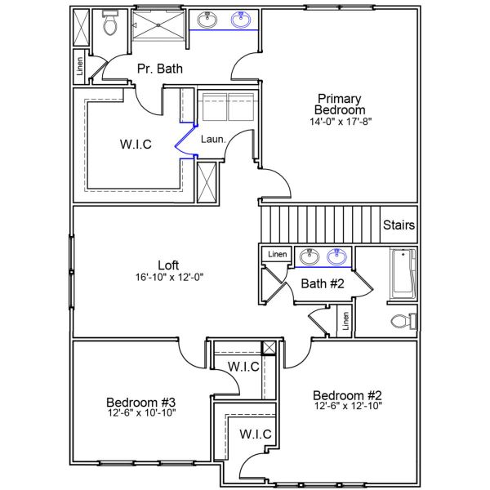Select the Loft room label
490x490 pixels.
(x=168, y=265)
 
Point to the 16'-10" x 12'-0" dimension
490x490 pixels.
(x=168, y=277)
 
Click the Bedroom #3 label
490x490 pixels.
(x=141, y=402)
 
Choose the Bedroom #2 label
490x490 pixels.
(x=348, y=394)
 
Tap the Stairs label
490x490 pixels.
(x=399, y=225)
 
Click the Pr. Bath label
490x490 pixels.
(x=159, y=69)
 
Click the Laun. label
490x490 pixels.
(x=212, y=140)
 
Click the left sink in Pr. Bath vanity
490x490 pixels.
(x=207, y=20)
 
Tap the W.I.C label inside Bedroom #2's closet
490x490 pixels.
(x=256, y=434)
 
